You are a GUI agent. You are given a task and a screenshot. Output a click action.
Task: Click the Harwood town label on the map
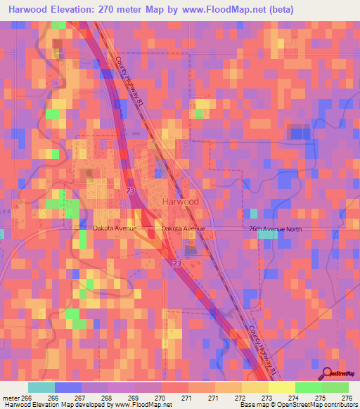click(180, 201)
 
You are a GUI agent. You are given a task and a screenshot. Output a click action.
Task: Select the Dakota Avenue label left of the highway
click(115, 228)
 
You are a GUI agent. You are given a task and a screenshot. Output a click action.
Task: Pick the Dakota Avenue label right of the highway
click(183, 229)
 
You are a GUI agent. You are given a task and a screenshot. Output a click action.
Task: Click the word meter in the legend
click(12, 398)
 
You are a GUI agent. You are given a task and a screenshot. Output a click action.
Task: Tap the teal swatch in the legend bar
click(41, 387)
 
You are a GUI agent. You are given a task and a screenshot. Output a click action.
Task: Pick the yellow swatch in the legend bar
click(281, 387)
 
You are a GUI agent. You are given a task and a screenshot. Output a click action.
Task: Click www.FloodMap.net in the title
click(228, 10)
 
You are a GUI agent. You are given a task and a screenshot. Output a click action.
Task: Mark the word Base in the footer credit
click(246, 405)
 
